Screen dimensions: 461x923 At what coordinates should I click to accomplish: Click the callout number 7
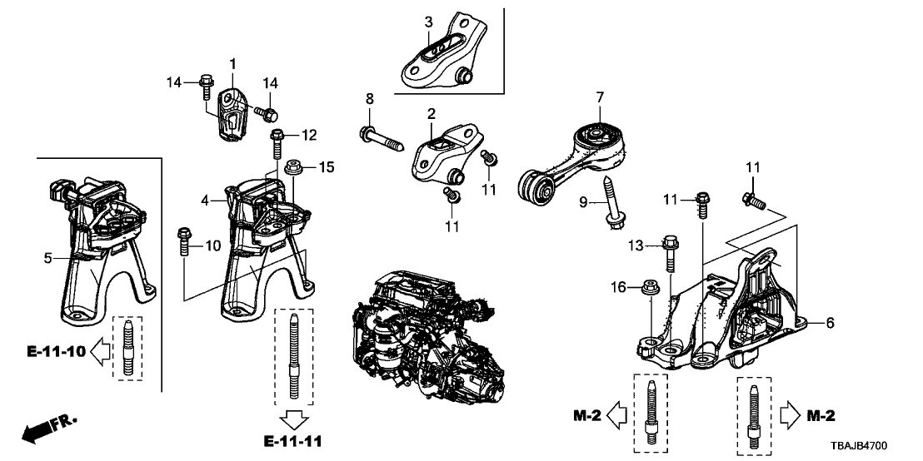pyautogui.click(x=599, y=98)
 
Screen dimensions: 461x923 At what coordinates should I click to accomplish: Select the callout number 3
pyautogui.click(x=428, y=21)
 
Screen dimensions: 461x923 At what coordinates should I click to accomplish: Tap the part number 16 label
pyautogui.click(x=617, y=287)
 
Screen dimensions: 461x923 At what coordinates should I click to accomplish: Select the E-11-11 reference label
pyautogui.click(x=297, y=439)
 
